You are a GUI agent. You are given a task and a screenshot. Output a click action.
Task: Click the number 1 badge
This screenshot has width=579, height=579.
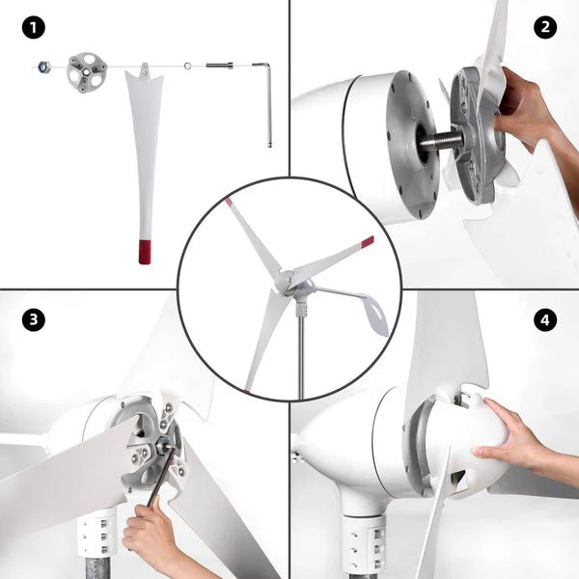click(x=35, y=28)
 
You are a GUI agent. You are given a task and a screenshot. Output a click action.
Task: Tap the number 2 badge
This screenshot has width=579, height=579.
click(x=545, y=28)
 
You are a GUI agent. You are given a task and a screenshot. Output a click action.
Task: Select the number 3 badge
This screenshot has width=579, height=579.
click(x=35, y=319)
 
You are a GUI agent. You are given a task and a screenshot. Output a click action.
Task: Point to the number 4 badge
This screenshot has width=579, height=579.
click(x=545, y=319)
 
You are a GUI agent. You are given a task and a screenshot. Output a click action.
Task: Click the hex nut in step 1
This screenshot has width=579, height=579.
click(x=42, y=67)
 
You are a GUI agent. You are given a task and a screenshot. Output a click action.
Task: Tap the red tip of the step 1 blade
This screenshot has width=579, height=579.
click(x=145, y=251)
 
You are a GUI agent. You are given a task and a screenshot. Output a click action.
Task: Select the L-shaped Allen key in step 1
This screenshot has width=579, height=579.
click(x=267, y=96)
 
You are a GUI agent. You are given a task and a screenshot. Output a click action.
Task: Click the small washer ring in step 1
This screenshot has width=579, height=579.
click(x=187, y=66)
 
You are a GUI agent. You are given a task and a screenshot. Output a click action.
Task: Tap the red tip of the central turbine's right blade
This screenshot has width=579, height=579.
click(x=367, y=240)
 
